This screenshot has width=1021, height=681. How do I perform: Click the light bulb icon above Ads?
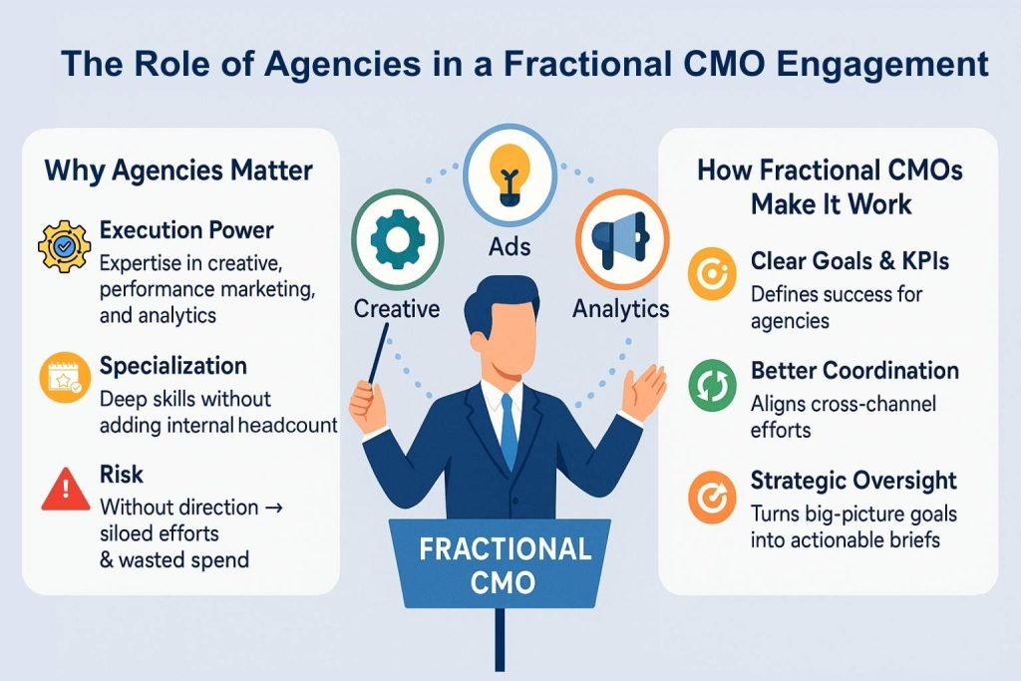510,174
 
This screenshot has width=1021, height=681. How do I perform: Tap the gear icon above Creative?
397,239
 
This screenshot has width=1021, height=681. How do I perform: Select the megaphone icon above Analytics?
620,239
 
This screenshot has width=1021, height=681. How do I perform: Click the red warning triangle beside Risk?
65,489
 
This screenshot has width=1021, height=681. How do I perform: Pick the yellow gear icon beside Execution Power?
64,246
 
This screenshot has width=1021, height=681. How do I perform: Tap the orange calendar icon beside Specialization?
64,377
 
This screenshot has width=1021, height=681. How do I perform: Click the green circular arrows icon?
712,386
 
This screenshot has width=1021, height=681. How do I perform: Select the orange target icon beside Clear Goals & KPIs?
712,273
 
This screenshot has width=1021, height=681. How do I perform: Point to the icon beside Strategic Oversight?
712,498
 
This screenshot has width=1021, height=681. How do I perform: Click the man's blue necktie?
510,431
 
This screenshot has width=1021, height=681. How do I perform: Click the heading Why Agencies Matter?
178,171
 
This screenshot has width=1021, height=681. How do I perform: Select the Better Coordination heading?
854,371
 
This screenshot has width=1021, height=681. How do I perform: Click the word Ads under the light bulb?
510,246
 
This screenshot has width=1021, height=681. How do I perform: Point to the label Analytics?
620,309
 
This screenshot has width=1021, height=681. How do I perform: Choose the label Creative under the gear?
397,309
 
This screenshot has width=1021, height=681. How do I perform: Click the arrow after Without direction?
275,508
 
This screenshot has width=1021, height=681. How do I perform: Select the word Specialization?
173,366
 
